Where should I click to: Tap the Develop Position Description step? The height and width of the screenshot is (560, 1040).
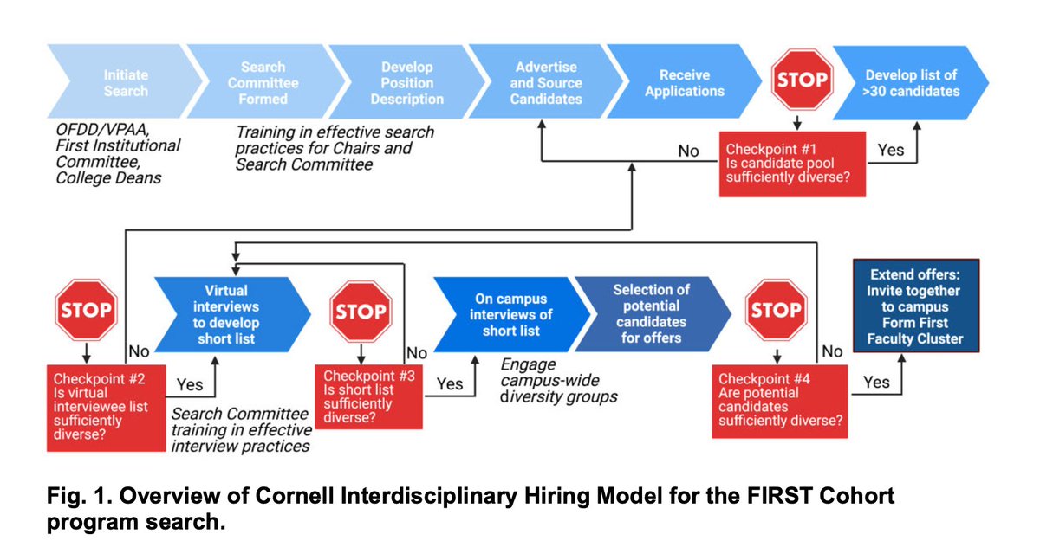point(406,83)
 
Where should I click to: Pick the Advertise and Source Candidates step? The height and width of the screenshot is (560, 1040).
point(546,83)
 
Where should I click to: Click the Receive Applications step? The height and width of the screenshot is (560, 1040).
point(685,83)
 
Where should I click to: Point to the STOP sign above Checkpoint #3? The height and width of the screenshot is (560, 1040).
point(361,311)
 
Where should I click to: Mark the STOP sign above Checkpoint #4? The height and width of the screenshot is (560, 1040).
point(775,311)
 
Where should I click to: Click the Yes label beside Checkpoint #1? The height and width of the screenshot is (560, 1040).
point(890,150)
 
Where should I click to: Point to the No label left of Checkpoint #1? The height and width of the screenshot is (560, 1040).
point(688,151)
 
